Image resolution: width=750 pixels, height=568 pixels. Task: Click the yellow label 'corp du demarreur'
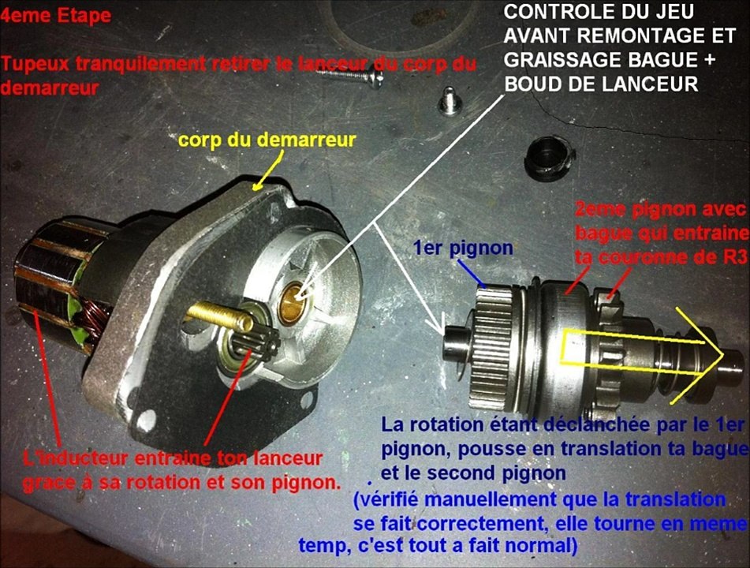(x=267, y=140)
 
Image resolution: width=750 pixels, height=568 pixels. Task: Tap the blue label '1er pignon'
(x=464, y=248)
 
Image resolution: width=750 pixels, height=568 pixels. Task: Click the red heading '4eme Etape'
(x=56, y=16)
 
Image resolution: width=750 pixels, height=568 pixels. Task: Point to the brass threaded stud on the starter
(x=219, y=316)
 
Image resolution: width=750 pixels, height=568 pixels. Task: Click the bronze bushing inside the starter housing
(x=293, y=302)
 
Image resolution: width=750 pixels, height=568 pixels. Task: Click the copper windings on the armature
(x=99, y=320)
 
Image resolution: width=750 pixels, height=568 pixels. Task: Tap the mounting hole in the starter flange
(x=147, y=420)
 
